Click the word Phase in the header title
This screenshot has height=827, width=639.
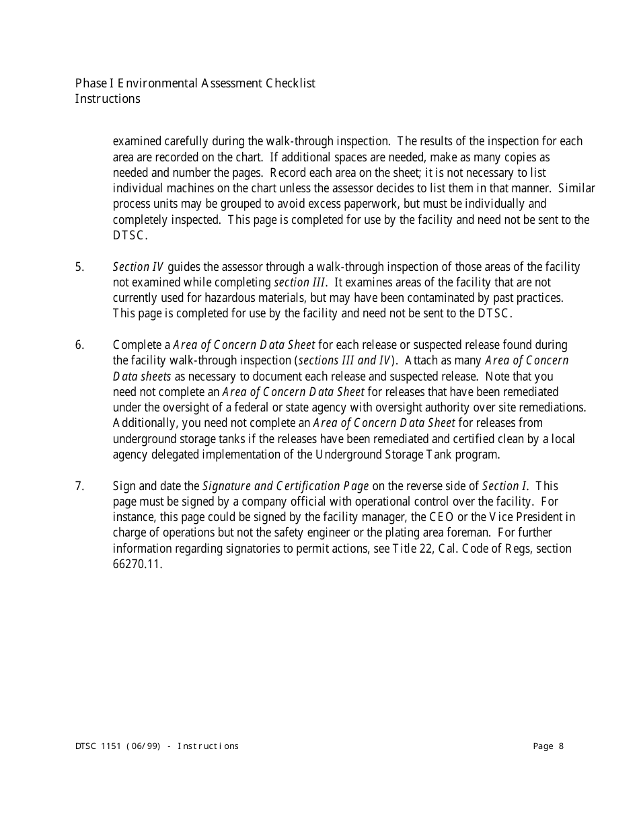pos(91,83)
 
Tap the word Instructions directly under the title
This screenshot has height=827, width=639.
pos(108,99)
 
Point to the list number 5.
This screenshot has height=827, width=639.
pos(79,267)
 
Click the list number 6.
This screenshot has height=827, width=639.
pos(79,345)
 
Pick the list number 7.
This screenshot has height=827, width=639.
pos(79,485)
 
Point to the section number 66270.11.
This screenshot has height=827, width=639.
pos(137,563)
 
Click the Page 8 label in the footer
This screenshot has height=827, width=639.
pos(548,746)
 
